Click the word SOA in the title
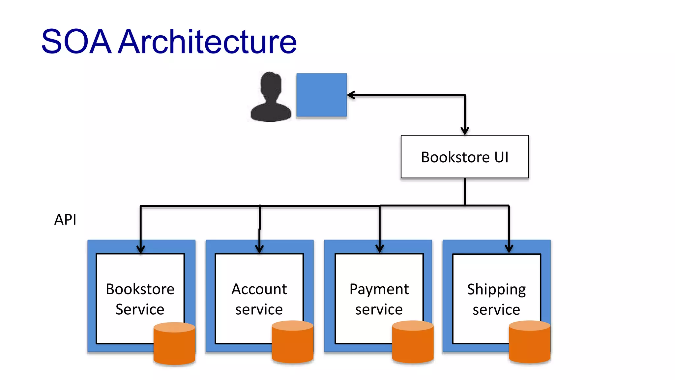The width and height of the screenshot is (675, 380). [x=76, y=42]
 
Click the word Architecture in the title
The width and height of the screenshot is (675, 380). [x=208, y=42]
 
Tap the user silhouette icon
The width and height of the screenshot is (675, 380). [x=271, y=97]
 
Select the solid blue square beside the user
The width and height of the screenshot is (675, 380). [x=321, y=95]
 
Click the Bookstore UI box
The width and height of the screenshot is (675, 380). [x=464, y=157]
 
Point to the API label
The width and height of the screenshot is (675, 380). [x=65, y=219]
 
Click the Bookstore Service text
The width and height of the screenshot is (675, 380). [x=140, y=299]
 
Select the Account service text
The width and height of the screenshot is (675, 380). [x=259, y=299]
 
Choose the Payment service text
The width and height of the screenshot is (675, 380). [x=379, y=299]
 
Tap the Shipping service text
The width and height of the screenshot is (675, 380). [x=496, y=299]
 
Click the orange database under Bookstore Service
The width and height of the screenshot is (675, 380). [x=174, y=344]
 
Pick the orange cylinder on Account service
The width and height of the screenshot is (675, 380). [x=292, y=342]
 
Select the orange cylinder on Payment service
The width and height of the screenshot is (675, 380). [x=413, y=342]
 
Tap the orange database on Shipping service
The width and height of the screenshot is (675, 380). [x=529, y=342]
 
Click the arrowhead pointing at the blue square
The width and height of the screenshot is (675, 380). [x=351, y=95]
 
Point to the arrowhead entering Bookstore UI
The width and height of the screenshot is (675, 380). [x=465, y=131]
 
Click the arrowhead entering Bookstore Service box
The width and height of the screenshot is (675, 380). [x=141, y=249]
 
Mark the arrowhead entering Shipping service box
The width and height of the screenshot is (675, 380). [x=509, y=249]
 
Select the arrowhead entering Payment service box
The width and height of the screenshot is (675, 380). [x=380, y=248]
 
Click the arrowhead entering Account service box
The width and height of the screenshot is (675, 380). [x=259, y=249]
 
